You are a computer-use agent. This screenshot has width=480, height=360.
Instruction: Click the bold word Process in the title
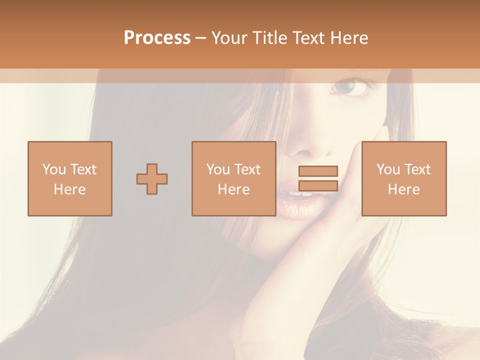[157, 38]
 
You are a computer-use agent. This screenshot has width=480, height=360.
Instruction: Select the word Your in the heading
[230, 38]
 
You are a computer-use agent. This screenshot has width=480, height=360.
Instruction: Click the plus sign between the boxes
[152, 179]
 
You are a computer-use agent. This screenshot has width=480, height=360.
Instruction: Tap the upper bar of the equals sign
[318, 171]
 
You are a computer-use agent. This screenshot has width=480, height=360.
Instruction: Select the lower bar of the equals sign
[318, 185]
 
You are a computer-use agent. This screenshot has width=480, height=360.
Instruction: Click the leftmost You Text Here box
[70, 178]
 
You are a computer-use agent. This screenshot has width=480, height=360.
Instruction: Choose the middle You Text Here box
[234, 178]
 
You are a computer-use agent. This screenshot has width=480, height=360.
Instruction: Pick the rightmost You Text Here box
[404, 178]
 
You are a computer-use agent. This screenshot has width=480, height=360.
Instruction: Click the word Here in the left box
[70, 189]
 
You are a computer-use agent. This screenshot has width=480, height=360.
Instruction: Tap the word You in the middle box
[218, 169]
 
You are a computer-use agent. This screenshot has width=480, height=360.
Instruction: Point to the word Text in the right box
[417, 169]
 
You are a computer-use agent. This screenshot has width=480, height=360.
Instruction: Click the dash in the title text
[201, 38]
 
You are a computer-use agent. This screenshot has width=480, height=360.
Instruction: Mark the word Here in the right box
[404, 189]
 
